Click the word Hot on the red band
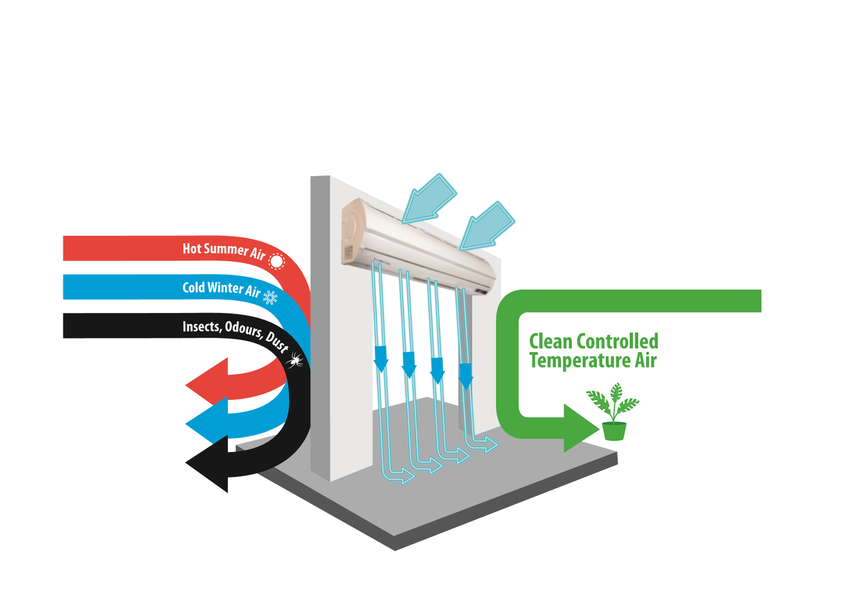191,248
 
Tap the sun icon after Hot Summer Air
276,261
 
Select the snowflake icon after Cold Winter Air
270,297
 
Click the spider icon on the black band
295,360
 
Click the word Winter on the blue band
225,288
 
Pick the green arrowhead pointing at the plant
579,428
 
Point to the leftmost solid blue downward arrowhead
381,359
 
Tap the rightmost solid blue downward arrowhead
466,375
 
